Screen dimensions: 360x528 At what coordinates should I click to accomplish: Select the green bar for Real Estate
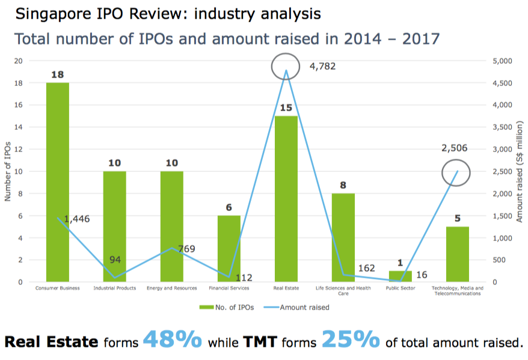tap(286, 199)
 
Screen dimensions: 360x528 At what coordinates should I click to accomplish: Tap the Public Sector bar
tap(401, 276)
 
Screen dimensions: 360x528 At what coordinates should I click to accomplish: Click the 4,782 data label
tap(322, 66)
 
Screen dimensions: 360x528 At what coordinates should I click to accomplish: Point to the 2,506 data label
tap(454, 148)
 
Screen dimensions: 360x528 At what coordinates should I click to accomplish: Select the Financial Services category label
tap(229, 288)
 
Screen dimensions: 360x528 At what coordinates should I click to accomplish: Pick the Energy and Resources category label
tap(172, 288)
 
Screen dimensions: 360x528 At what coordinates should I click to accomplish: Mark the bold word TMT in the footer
tap(263, 342)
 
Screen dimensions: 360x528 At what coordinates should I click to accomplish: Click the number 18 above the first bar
tap(58, 75)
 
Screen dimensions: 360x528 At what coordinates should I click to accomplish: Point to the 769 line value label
tap(186, 248)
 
